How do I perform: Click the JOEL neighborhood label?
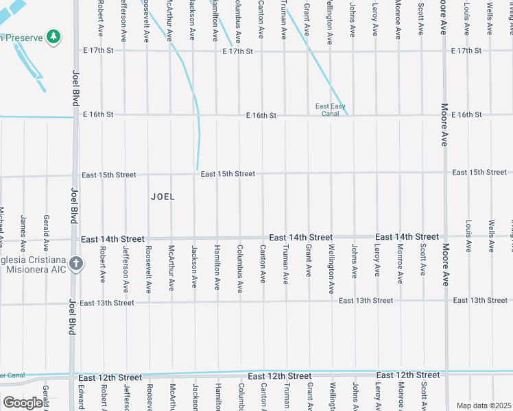[x=163, y=197]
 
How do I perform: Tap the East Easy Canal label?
[x=330, y=110]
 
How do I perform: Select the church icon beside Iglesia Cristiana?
[x=76, y=263]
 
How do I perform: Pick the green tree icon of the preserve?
[x=53, y=37]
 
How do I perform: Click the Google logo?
[x=23, y=403]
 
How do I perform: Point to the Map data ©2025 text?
[x=484, y=406]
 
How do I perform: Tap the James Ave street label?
[x=23, y=233]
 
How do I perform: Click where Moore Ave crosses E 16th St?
[x=444, y=115]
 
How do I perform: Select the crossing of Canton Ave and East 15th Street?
[x=262, y=174]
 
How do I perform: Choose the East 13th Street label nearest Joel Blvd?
[x=106, y=302]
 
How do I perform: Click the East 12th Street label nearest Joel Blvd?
[x=110, y=377]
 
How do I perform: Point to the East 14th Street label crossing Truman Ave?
[x=300, y=237]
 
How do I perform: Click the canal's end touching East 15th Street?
[x=198, y=169]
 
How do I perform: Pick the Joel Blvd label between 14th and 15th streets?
[x=73, y=206]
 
